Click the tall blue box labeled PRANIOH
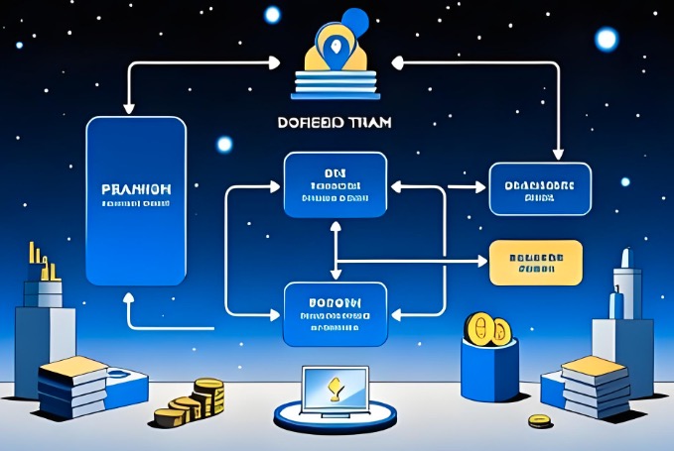click(136, 202)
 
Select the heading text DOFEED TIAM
click(335, 124)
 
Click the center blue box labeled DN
click(335, 184)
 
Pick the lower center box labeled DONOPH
click(335, 313)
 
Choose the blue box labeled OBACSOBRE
click(540, 188)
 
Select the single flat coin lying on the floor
click(539, 421)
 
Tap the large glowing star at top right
click(606, 38)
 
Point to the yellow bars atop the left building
click(41, 260)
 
